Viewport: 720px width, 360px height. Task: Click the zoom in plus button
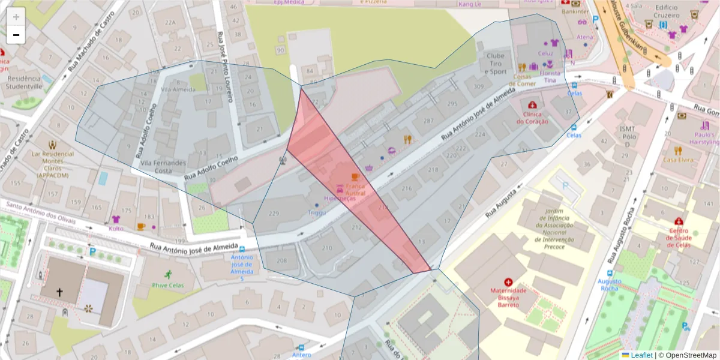16,17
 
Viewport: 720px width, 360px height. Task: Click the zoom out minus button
16,35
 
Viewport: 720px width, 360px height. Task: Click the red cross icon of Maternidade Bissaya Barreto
509,281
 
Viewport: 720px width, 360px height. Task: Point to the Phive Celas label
167,285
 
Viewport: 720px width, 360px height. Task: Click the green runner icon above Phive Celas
168,274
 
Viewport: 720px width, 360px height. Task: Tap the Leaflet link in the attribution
641,355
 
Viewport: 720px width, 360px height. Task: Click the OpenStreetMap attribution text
687,355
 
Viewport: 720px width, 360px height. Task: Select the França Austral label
355,190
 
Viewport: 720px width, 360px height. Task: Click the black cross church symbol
59,292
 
